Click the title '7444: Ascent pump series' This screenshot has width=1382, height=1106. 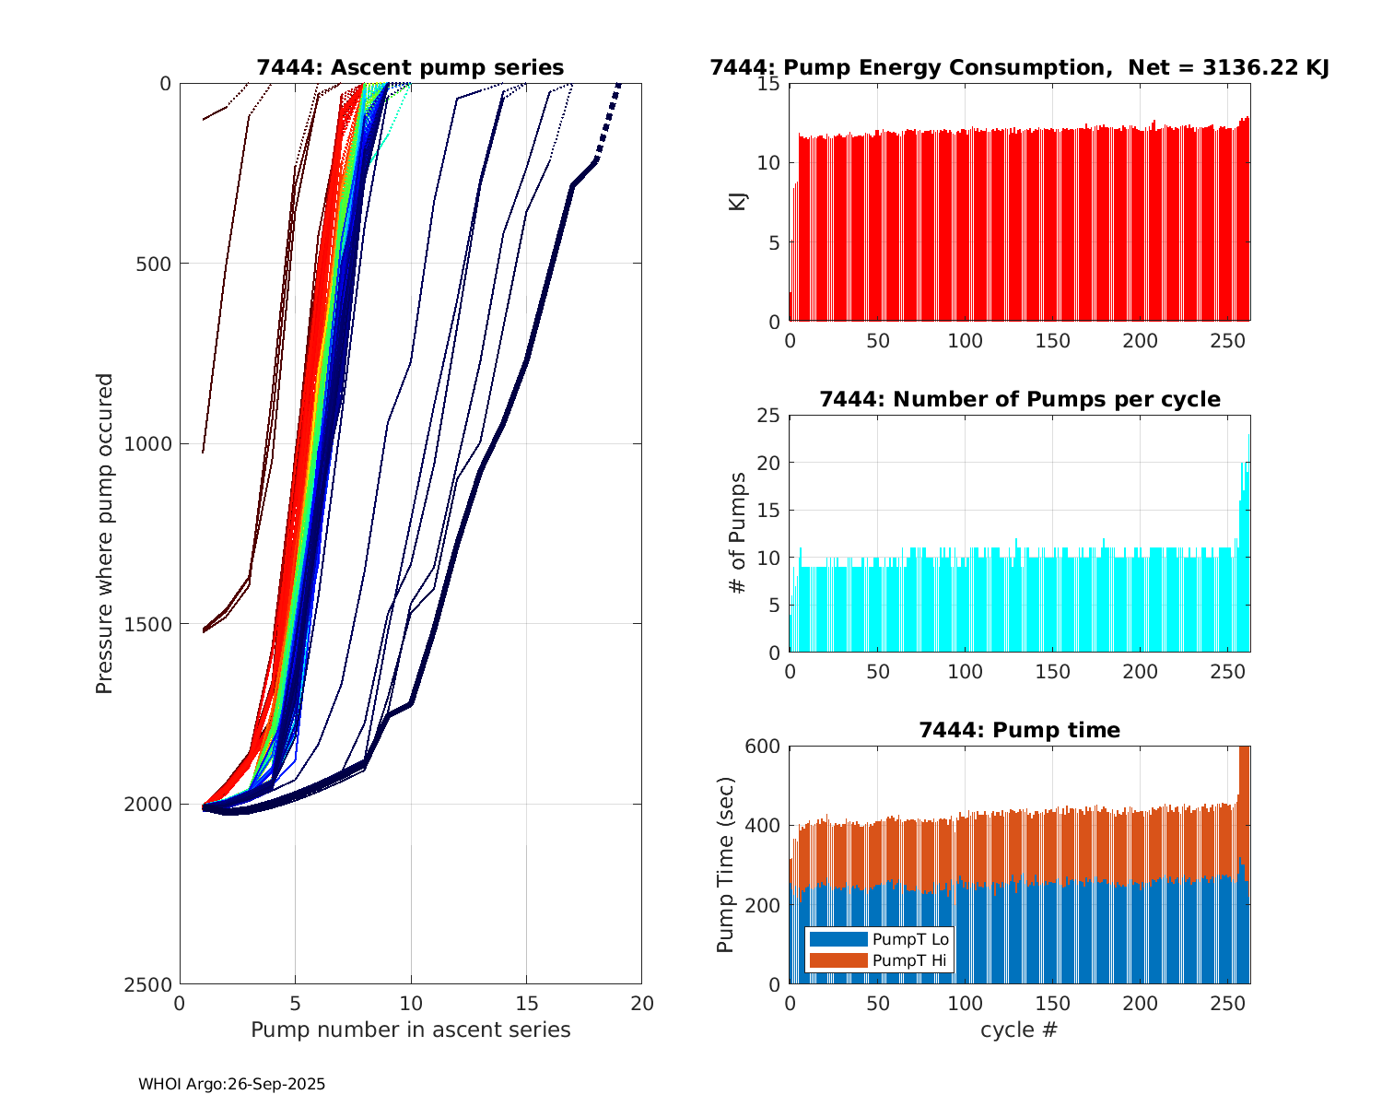(x=410, y=67)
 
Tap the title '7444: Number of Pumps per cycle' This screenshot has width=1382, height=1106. (x=1019, y=399)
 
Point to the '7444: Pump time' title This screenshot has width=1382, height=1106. (x=1019, y=730)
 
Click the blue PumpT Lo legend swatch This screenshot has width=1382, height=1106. (x=837, y=939)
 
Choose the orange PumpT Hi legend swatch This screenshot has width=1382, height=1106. (x=837, y=960)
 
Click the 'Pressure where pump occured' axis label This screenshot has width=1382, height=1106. (x=104, y=534)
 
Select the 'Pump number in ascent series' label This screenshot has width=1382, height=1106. (x=410, y=1030)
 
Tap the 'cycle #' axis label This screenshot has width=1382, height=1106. (x=1019, y=1030)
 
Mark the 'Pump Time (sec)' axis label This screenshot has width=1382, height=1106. (x=725, y=865)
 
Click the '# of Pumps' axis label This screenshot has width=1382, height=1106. (x=737, y=533)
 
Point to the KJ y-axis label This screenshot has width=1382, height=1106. (x=737, y=201)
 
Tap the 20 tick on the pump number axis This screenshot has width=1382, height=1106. (x=641, y=1003)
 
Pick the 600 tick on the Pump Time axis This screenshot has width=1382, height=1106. (x=765, y=746)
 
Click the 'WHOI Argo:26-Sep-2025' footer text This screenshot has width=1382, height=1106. (x=231, y=1085)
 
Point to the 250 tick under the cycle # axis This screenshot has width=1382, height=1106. (x=1228, y=1003)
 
